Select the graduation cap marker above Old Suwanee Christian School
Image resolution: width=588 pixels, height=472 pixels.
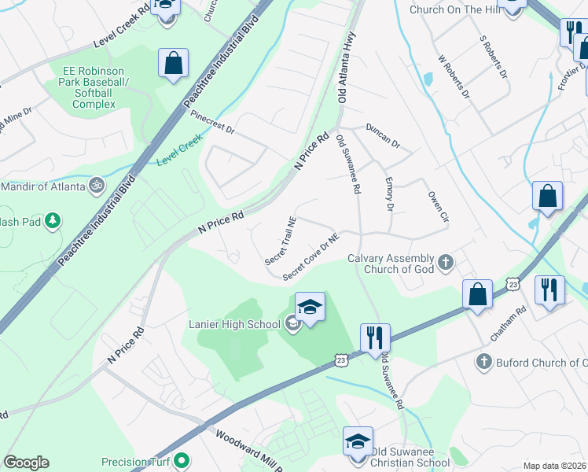point(358,441)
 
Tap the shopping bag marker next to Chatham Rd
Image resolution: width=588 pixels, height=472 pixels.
point(476,295)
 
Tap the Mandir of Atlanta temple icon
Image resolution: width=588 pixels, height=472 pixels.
point(97,186)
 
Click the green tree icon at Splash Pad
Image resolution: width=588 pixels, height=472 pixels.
point(53,220)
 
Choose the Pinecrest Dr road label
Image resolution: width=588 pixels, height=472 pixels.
point(213,125)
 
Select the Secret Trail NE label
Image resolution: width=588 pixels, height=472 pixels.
point(281,241)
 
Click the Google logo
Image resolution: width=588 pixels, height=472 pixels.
point(26,462)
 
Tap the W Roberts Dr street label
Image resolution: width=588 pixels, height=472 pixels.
point(454,76)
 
